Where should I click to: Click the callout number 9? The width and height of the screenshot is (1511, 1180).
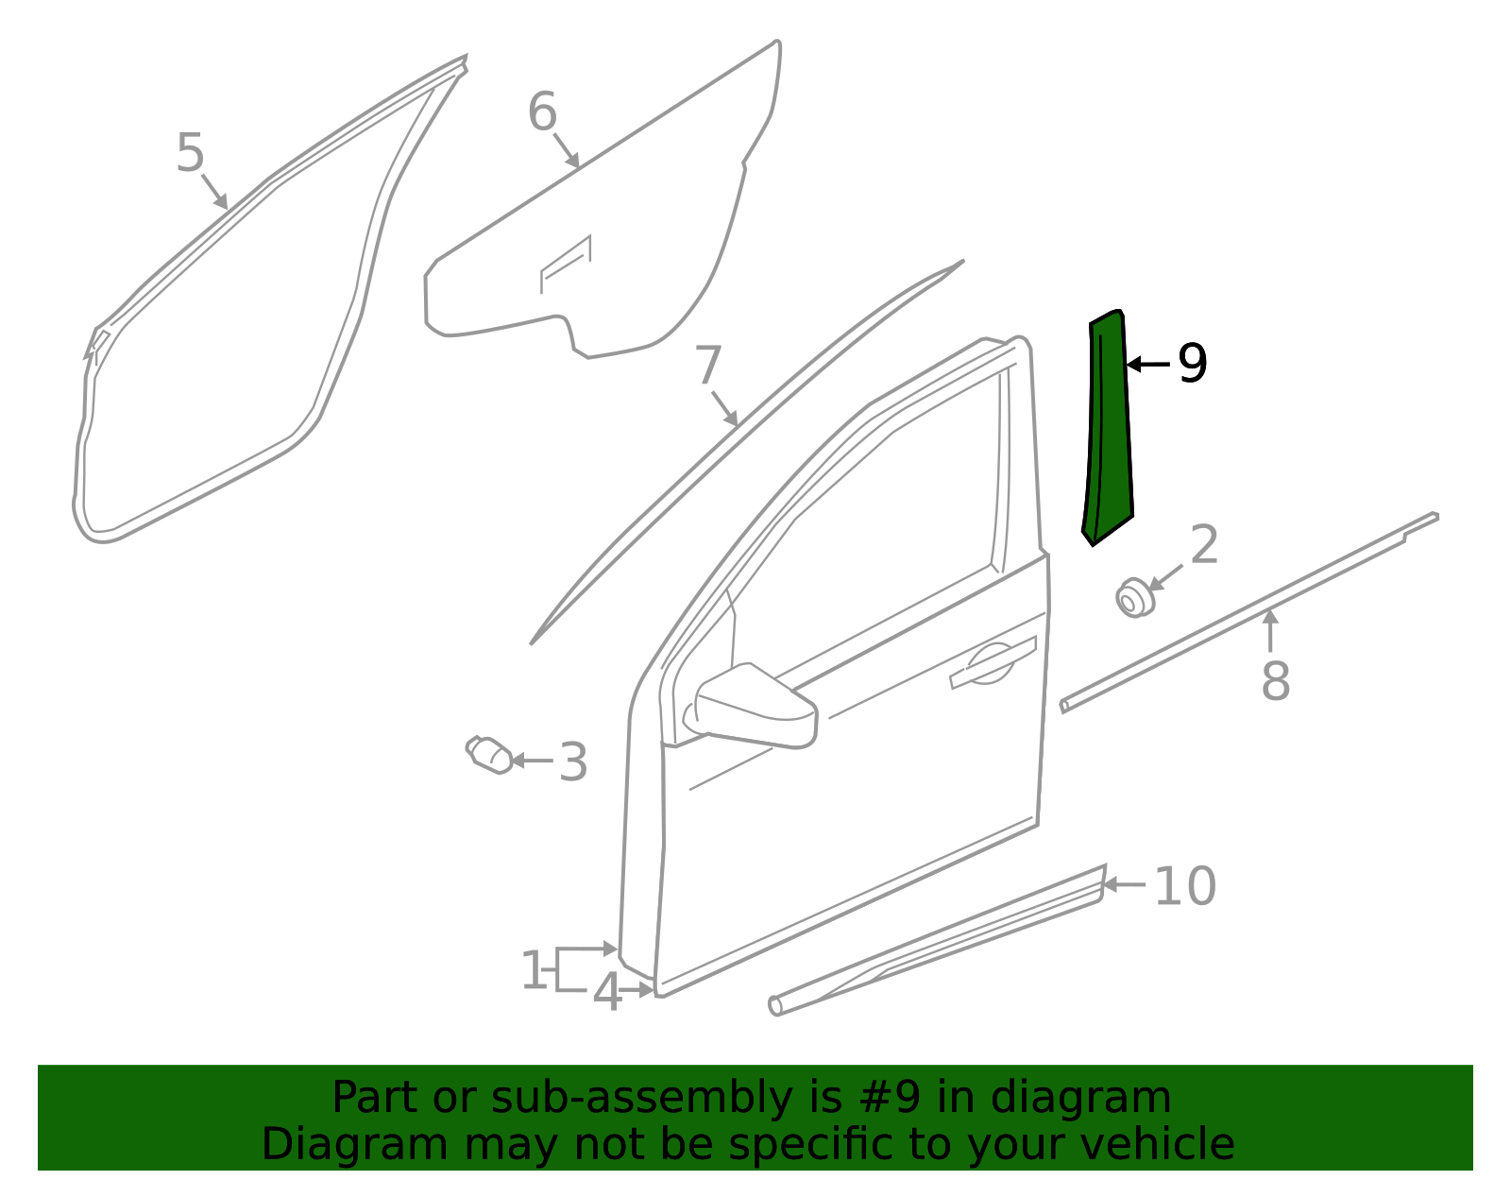point(1193,363)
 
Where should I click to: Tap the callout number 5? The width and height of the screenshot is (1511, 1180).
point(190,153)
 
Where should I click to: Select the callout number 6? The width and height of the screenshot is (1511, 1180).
point(542,111)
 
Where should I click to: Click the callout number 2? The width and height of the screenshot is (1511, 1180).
point(1204,544)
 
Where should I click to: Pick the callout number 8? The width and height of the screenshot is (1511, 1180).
point(1276,681)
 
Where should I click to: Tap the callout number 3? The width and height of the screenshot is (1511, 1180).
point(573,762)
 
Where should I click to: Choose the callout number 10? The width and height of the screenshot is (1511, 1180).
point(1185,886)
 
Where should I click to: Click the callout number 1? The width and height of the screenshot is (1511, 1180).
point(534,970)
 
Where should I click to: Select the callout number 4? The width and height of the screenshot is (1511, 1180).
point(607,992)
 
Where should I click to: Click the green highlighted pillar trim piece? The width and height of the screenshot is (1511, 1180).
point(1109,431)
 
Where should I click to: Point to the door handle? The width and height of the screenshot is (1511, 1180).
point(993,664)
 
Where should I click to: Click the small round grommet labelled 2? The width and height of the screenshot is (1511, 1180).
point(1135,597)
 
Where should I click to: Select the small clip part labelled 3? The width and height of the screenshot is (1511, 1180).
point(489,755)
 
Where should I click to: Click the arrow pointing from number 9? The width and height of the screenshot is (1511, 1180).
point(1148,364)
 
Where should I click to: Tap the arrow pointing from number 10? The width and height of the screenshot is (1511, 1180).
point(1125,884)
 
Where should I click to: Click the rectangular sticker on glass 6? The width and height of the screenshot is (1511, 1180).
point(566,265)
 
